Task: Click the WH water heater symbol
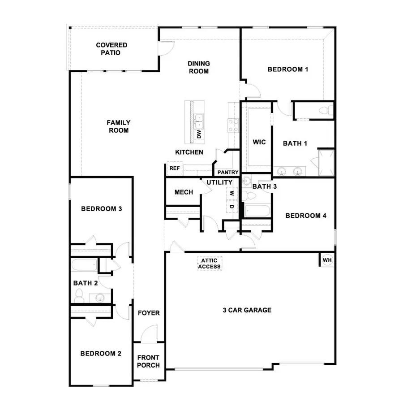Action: [x=327, y=260]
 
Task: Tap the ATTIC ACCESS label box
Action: [x=210, y=264]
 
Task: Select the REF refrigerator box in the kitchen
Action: [x=174, y=169]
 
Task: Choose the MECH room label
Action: [x=184, y=192]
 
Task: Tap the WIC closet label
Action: [x=259, y=143]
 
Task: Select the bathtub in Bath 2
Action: [x=84, y=266]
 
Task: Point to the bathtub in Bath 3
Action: [x=257, y=211]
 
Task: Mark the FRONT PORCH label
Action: [x=148, y=361]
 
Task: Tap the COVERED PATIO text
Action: [x=111, y=48]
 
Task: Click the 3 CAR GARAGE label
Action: [x=248, y=310]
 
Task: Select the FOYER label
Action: [x=149, y=313]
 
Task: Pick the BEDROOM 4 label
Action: [x=306, y=216]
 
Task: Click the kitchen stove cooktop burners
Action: [x=233, y=125]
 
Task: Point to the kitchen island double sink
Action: [x=199, y=119]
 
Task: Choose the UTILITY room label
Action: [x=219, y=182]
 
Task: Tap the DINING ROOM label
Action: [x=199, y=67]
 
